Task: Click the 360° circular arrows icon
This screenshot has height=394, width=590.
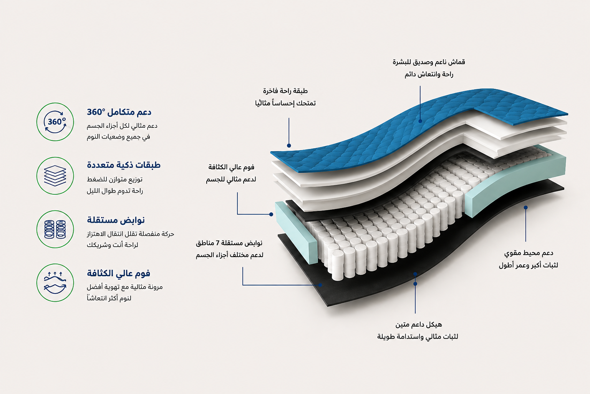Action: pos(55,122)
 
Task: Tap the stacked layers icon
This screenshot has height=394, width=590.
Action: pos(55,176)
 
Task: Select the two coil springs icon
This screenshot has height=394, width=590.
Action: pos(55,229)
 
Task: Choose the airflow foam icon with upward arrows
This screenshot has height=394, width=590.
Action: pos(55,282)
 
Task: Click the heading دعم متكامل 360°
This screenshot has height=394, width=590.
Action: pos(119,112)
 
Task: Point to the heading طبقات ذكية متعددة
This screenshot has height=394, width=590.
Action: pos(124,165)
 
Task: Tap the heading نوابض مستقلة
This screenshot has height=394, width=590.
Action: pos(116,220)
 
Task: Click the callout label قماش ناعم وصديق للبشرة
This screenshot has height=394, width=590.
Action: pos(429,62)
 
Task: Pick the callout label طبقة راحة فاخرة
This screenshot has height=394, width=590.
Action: pos(285,91)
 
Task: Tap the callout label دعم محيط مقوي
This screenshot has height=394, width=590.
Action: pos(529,253)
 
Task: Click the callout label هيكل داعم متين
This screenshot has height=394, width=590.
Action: pos(418,324)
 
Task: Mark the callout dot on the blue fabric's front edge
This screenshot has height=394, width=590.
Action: pos(289,145)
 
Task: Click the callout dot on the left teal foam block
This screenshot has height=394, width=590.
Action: pos(271,214)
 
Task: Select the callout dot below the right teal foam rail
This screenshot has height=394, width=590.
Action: pos(525,207)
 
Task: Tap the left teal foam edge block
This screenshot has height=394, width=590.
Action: pos(296,232)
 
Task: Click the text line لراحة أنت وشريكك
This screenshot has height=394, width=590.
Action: pos(113,245)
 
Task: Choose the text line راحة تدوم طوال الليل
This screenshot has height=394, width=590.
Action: pos(115,191)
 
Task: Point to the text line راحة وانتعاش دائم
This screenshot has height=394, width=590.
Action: pos(429,74)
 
